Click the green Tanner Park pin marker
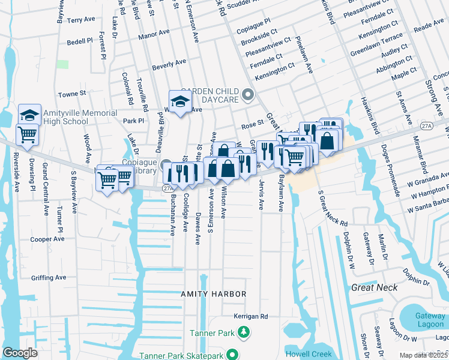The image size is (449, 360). click(x=243, y=332)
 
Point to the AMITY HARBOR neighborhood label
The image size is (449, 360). click(x=214, y=294)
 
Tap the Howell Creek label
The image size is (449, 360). click(x=307, y=354)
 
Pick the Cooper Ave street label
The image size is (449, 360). click(x=47, y=239)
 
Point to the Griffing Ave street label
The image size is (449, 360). click(x=49, y=278)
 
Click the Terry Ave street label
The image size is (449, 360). click(x=81, y=20)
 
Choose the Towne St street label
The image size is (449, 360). click(x=72, y=94)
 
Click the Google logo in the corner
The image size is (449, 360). click(x=20, y=352)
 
